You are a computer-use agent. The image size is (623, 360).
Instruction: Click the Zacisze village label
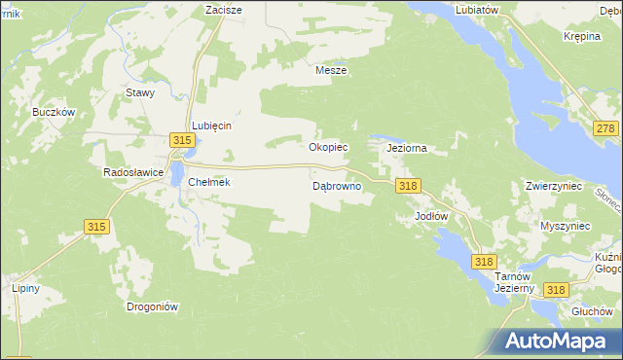point(223,9)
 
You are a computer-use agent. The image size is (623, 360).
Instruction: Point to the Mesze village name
point(331,70)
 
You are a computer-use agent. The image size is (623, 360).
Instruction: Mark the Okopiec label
point(328,148)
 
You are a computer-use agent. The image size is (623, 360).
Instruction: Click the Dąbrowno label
point(337,185)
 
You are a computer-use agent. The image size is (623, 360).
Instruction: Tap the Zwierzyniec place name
point(553,185)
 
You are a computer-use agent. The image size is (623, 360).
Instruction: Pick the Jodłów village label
point(430,215)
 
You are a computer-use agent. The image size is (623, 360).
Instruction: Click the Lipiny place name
point(24,289)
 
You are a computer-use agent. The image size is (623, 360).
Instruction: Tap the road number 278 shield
point(605,129)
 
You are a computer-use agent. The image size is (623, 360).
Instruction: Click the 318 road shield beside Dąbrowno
point(407,186)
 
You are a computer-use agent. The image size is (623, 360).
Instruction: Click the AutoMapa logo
point(560,341)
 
